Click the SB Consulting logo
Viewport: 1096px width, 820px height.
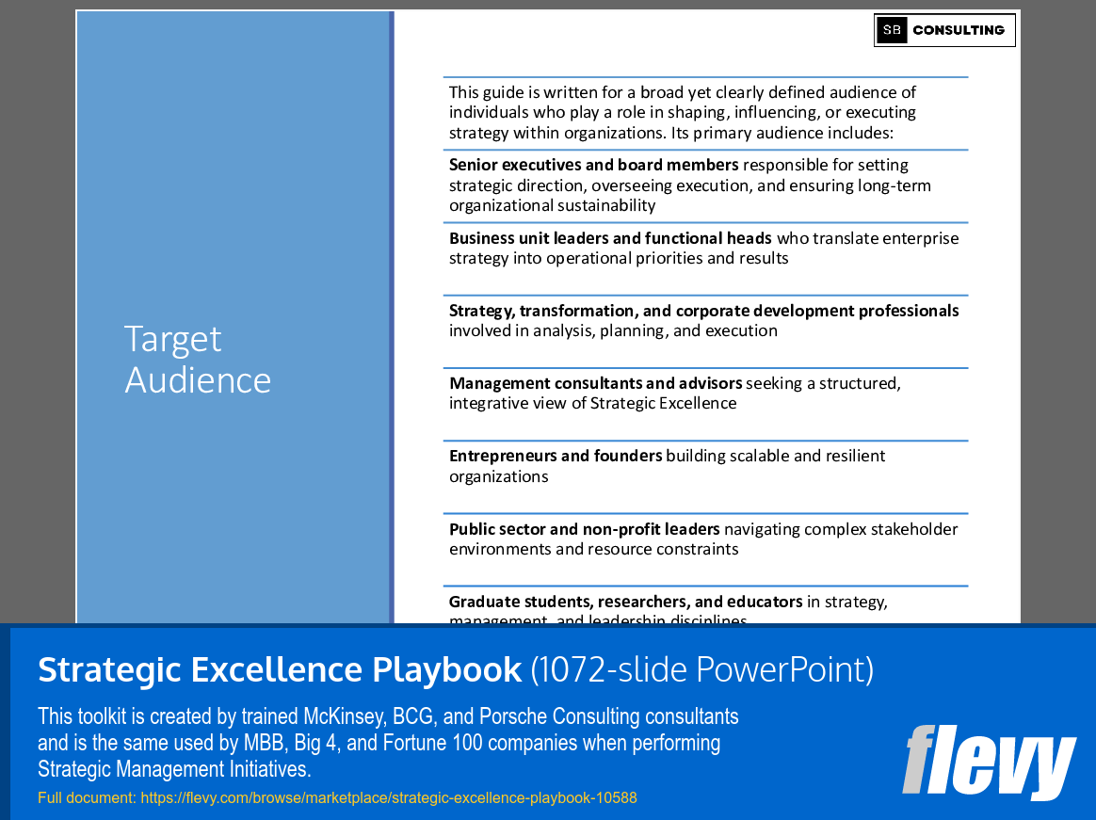coord(944,30)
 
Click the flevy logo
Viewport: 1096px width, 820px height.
coord(989,763)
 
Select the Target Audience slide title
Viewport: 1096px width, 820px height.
coord(198,359)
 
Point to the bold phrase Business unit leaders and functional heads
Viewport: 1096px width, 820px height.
coord(610,238)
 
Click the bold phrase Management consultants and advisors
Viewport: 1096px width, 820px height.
coord(595,383)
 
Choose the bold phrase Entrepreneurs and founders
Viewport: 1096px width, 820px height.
coord(556,456)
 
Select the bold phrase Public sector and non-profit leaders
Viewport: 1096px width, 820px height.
coord(584,529)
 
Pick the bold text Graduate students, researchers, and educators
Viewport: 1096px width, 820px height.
coord(625,602)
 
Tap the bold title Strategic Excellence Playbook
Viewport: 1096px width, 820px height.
coord(280,669)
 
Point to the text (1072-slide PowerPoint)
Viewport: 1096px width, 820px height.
coord(702,669)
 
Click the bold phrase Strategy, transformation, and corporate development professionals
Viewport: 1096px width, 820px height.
coord(703,311)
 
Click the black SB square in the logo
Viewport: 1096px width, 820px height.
coord(892,30)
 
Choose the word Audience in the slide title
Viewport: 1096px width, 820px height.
coord(198,380)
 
